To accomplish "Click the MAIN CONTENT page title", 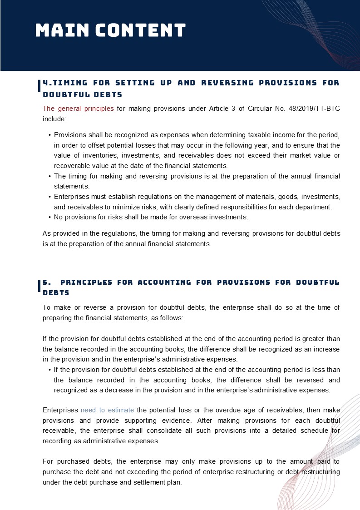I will [110, 30].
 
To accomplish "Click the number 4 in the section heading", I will [46, 83].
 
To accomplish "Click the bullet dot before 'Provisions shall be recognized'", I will [49, 136].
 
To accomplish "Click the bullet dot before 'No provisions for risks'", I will [49, 218].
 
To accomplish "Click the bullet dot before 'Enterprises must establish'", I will [49, 197].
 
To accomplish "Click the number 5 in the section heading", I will [45, 282].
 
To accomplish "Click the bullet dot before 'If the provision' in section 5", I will [49, 370].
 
